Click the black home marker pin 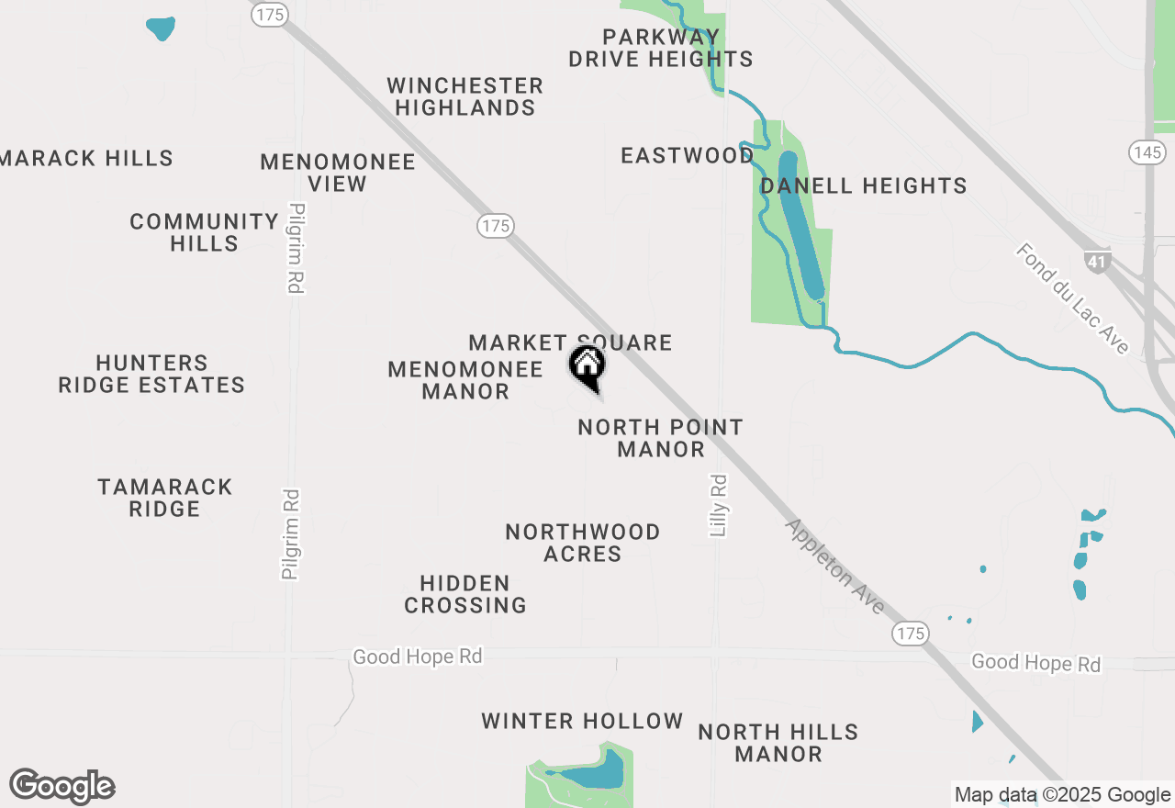pyautogui.click(x=587, y=366)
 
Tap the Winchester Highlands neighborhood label pyautogui.click(x=464, y=96)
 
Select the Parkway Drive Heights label pyautogui.click(x=661, y=48)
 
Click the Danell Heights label pyautogui.click(x=864, y=185)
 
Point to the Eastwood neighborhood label pyautogui.click(x=688, y=155)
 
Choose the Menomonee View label pyautogui.click(x=338, y=173)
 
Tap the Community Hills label pyautogui.click(x=204, y=232)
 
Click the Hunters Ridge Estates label pyautogui.click(x=151, y=374)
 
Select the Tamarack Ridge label pyautogui.click(x=165, y=498)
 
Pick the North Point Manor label pyautogui.click(x=661, y=438)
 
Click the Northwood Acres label pyautogui.click(x=583, y=543)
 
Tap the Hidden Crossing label pyautogui.click(x=465, y=594)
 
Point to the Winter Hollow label pyautogui.click(x=582, y=722)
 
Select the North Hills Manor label pyautogui.click(x=778, y=743)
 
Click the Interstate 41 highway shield pyautogui.click(x=1097, y=260)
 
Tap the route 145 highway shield pyautogui.click(x=1147, y=152)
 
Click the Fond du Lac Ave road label pyautogui.click(x=1072, y=298)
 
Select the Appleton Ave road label pyautogui.click(x=835, y=566)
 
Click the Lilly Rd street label pyautogui.click(x=719, y=505)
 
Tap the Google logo pyautogui.click(x=62, y=786)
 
